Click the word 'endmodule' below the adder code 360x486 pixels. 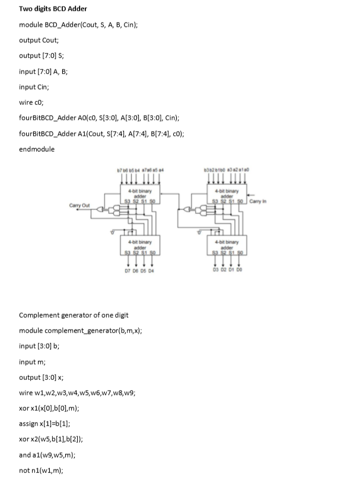point(37,149)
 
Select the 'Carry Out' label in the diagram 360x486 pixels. point(79,206)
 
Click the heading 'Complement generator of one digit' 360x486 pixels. point(74,315)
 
